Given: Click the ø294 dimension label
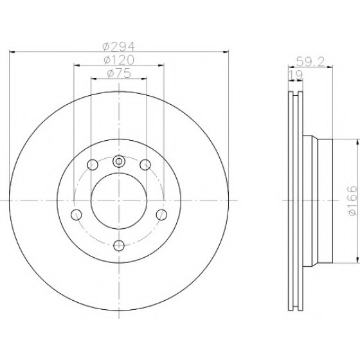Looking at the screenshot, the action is (x=119, y=46).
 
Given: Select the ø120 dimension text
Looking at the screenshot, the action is (x=119, y=60).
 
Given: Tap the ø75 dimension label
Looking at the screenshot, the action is (x=119, y=73).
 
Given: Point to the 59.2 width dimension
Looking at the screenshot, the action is (x=310, y=62).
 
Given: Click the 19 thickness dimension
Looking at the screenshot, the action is (x=296, y=75).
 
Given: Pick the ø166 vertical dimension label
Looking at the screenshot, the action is (x=352, y=201).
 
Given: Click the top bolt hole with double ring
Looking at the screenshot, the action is (x=119, y=161).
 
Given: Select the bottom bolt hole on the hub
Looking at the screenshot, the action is (x=119, y=246).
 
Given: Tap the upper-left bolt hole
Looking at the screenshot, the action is (x=93, y=165).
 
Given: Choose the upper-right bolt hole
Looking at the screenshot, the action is (x=145, y=165).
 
